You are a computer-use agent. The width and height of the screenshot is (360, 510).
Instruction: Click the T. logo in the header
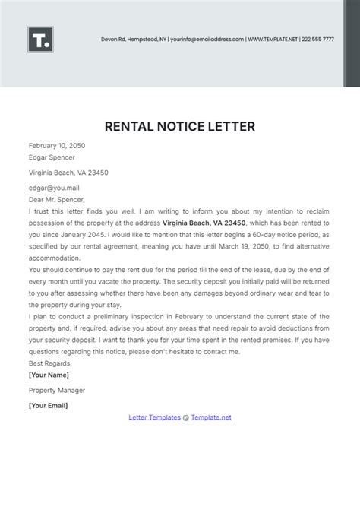coord(40,40)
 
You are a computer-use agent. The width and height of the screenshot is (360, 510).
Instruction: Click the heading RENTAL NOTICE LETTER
coord(179,125)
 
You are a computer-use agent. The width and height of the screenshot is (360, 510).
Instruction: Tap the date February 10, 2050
coord(58,144)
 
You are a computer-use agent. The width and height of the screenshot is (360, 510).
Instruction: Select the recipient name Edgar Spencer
coord(52,157)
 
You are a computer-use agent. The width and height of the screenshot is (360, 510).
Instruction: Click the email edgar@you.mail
coord(54,187)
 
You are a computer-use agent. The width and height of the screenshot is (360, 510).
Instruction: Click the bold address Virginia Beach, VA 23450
coord(204,223)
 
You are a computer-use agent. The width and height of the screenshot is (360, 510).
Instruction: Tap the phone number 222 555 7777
coord(317,39)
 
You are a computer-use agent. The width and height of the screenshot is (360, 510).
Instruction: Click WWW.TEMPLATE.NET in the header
coord(273,39)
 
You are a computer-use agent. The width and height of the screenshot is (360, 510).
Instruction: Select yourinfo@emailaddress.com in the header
coord(207,39)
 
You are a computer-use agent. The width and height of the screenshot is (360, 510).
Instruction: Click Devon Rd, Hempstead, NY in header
coord(133,39)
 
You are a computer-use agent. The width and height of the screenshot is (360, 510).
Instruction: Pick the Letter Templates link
coord(154,417)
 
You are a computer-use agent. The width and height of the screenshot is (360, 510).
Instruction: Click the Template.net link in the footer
coord(211,417)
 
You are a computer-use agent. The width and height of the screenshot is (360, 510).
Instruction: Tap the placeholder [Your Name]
coord(49,375)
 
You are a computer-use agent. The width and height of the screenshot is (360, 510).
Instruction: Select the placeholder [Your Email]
coord(48,405)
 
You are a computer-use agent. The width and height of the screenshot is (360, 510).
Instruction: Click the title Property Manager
coord(57,390)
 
